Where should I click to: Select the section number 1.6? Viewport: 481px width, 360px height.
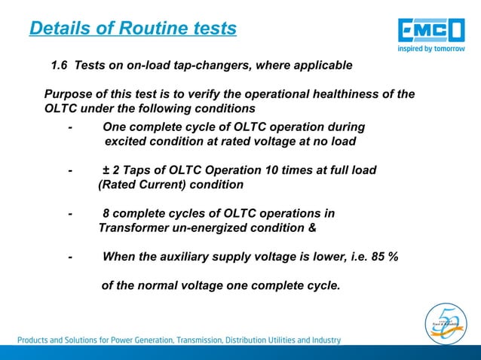60,66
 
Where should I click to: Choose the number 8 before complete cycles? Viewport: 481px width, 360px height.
106,213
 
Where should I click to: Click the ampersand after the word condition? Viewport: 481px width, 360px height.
312,227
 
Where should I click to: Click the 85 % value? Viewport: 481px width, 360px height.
385,257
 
